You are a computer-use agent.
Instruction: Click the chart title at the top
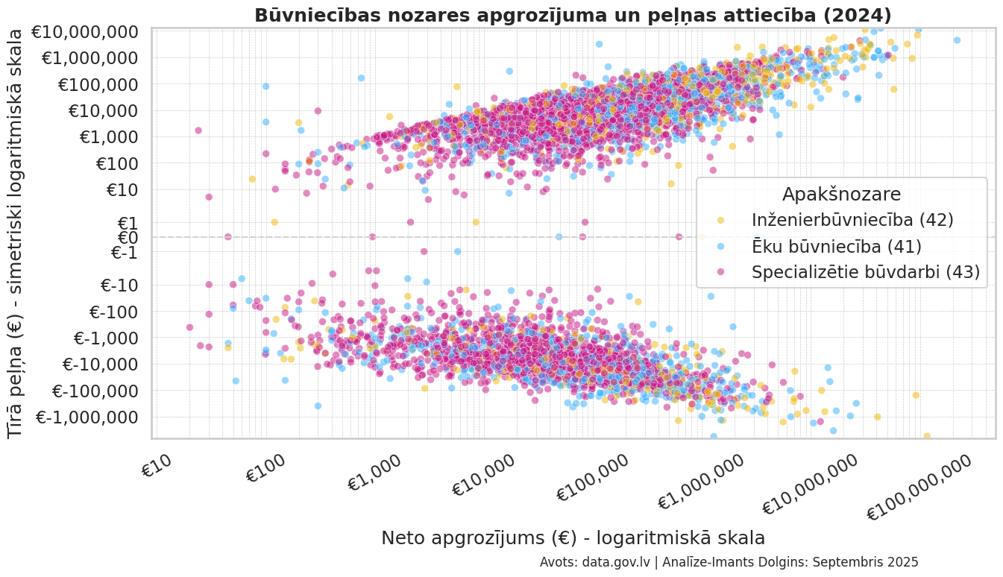pyautogui.click(x=573, y=15)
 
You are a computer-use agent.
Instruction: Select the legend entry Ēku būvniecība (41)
pyautogui.click(x=837, y=246)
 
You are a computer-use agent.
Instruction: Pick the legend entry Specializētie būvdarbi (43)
pyautogui.click(x=866, y=272)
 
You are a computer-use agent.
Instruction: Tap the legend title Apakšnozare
pyautogui.click(x=841, y=194)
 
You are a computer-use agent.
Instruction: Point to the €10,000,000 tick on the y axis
pyautogui.click(x=91, y=32)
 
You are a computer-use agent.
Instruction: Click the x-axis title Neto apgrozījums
pyautogui.click(x=573, y=537)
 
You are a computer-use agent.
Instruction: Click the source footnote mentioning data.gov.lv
pyautogui.click(x=729, y=562)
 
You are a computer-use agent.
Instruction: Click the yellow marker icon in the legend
pyautogui.click(x=720, y=220)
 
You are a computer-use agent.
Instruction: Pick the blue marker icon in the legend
pyautogui.click(x=720, y=246)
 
